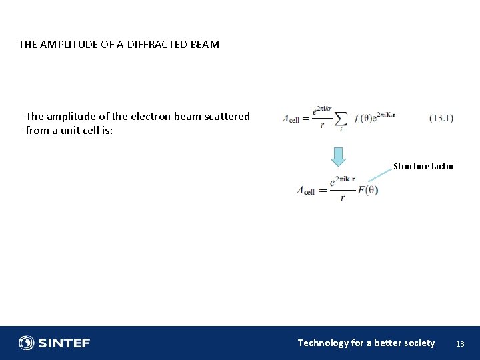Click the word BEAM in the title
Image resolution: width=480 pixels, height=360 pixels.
(204, 45)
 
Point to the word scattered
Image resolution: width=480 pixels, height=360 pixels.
(225, 116)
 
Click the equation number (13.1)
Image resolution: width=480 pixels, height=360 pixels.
(441, 118)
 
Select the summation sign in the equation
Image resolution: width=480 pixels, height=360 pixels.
(341, 118)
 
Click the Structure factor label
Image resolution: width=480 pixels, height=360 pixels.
(423, 167)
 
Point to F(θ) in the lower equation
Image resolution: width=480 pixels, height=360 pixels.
(367, 190)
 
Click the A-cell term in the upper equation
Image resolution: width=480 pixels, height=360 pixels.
(291, 119)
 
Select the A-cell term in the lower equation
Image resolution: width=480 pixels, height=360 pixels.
(305, 191)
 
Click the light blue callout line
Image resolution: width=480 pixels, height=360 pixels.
(381, 175)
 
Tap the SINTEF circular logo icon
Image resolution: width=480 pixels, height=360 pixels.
(27, 343)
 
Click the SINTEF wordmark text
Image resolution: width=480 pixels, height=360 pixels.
(63, 343)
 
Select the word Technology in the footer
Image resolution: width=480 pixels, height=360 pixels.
(323, 343)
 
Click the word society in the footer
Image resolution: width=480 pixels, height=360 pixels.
(418, 343)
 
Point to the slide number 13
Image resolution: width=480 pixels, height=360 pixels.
(459, 344)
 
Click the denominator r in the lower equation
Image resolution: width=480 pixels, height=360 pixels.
(342, 199)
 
